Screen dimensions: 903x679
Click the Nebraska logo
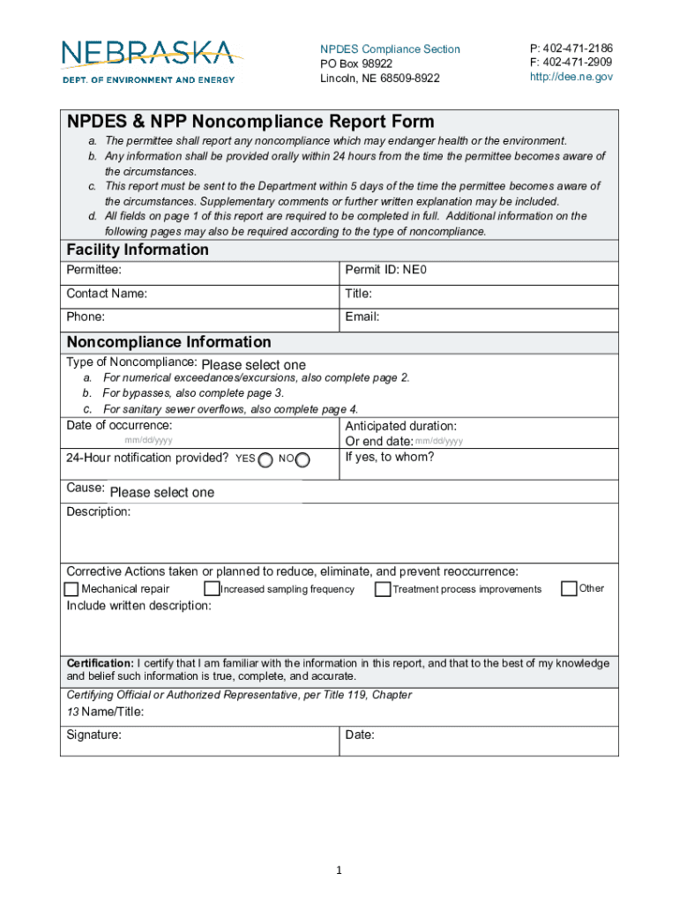(148, 60)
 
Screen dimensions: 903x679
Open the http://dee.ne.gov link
(571, 77)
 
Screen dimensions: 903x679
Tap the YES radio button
(265, 459)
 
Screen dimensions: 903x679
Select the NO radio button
(303, 459)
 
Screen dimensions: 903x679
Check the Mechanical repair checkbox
(71, 589)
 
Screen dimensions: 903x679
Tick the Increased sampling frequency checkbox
(212, 589)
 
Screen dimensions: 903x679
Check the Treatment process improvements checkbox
(383, 589)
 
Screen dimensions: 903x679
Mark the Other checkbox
(569, 588)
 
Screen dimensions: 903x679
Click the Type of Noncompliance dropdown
(254, 365)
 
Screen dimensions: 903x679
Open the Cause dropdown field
(162, 492)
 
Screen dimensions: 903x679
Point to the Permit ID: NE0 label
(386, 270)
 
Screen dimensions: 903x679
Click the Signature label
(94, 734)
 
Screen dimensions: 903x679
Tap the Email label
(362, 317)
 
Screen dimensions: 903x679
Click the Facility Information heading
(138, 250)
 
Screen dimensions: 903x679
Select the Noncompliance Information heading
(168, 341)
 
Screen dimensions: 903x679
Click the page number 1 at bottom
(339, 871)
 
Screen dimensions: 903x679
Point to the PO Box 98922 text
(356, 63)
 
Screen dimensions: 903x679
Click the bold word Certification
(101, 663)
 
